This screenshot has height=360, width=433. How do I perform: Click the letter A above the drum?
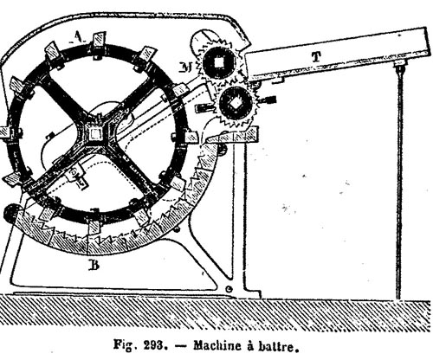coord(77,37)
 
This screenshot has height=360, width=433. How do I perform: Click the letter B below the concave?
coord(94,265)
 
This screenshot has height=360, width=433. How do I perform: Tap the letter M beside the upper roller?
coord(189,67)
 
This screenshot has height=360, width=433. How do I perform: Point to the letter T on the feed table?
coord(316,57)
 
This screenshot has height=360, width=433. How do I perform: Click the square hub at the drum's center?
coord(94,134)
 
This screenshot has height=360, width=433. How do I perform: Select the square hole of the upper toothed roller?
coord(219,62)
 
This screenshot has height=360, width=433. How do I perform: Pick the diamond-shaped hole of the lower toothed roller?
coord(236,103)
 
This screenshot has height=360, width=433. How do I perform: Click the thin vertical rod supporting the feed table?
coord(399,182)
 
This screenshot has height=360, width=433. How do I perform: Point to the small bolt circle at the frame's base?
coord(229,288)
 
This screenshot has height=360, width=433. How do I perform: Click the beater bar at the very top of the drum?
coord(99,41)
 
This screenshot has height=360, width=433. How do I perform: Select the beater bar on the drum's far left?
coord(6,133)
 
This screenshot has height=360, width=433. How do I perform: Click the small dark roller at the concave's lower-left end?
coord(11,213)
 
